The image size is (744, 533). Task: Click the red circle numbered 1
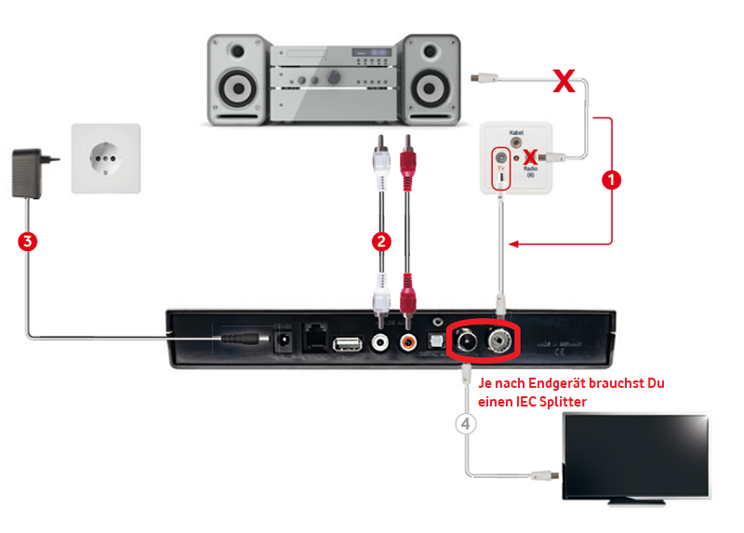point(612,180)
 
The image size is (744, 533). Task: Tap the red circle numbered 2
point(380,242)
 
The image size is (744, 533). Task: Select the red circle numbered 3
point(28,242)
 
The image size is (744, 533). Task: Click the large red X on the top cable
point(563,82)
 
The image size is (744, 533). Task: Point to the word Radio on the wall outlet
point(530,168)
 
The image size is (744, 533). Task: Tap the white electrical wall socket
point(106,158)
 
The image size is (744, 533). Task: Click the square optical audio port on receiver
point(433,341)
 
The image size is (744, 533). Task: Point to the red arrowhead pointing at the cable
point(513,245)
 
